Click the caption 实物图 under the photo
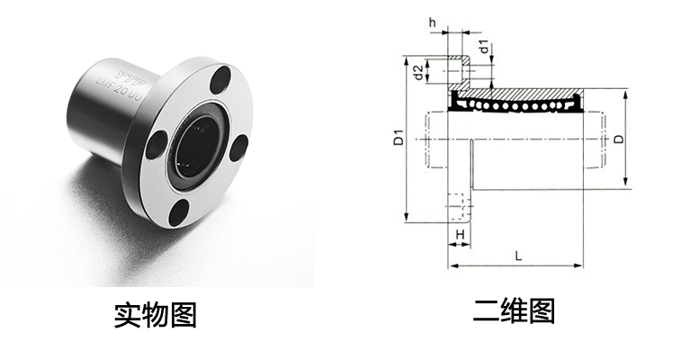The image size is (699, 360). [155, 314]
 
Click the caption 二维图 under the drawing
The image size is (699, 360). [515, 310]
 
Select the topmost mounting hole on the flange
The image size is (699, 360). [219, 82]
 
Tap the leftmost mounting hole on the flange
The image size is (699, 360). [157, 141]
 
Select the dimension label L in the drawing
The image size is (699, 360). [517, 255]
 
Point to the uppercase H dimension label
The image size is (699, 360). [460, 234]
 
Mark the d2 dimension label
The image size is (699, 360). [418, 71]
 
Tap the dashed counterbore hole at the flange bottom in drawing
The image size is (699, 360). [458, 209]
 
